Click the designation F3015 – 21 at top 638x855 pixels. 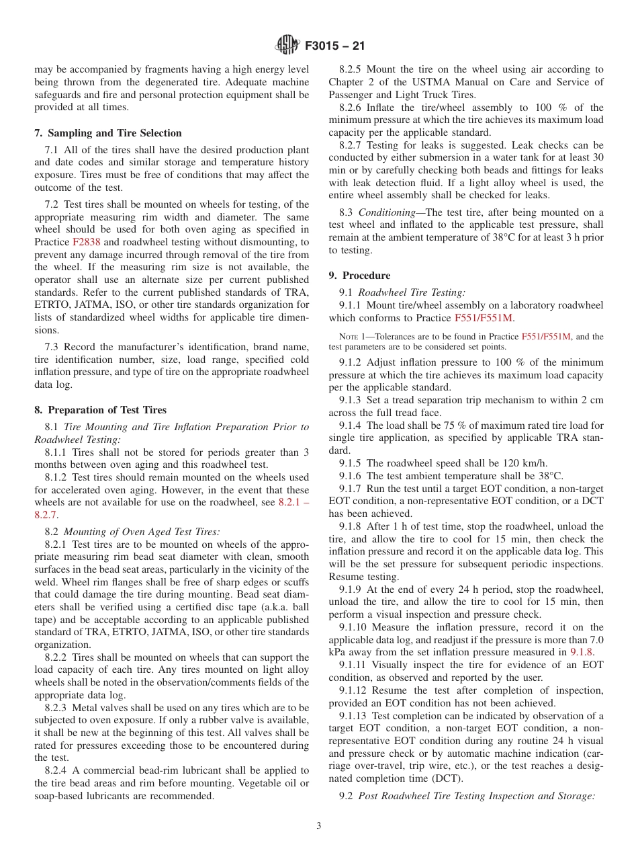pos(335,46)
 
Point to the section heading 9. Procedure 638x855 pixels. pos(359,276)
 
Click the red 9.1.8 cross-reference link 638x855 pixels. pos(582,651)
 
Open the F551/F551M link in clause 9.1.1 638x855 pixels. pos(484,318)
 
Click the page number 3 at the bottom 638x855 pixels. pos(319,826)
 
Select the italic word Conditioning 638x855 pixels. pos(386,212)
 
